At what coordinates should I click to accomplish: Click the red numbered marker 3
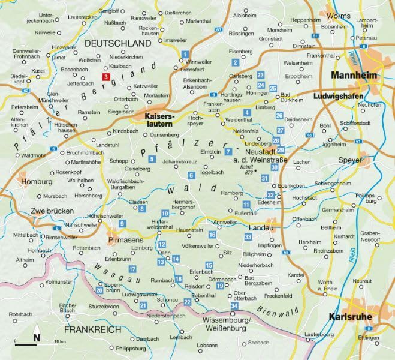(105, 77)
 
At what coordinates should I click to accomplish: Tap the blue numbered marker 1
(185, 55)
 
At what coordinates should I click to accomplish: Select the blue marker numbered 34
(234, 306)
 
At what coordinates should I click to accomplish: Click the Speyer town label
(351, 161)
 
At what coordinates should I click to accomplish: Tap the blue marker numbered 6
(191, 175)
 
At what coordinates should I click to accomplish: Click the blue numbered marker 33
(248, 238)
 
